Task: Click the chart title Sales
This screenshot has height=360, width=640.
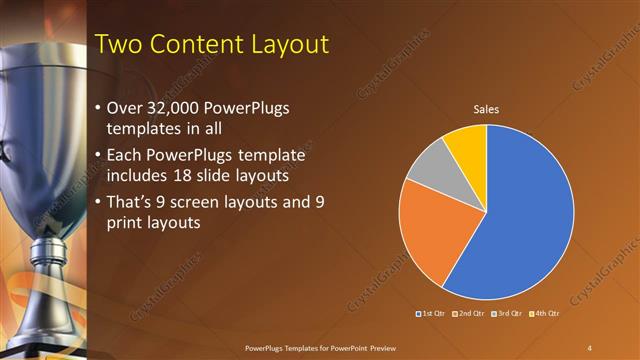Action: click(x=486, y=109)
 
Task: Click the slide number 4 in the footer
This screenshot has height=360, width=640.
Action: click(x=590, y=348)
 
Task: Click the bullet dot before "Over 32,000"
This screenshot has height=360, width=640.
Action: click(x=96, y=108)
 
